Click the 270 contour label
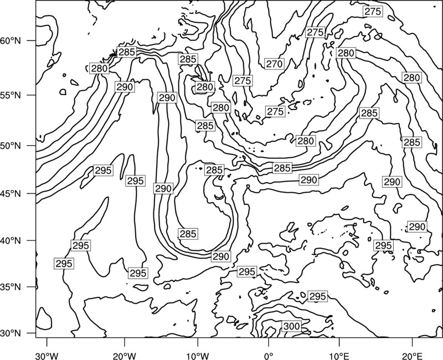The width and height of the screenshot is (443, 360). click(x=274, y=64)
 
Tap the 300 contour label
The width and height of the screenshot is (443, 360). click(x=291, y=326)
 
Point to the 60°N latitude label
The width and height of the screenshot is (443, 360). click(x=11, y=40)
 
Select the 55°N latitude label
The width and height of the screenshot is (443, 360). click(x=11, y=95)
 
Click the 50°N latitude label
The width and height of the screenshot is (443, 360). click(x=11, y=146)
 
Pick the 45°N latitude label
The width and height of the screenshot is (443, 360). click(x=11, y=193)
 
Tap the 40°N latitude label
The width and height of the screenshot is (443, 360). click(x=11, y=240)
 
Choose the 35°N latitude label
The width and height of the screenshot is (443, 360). click(x=11, y=287)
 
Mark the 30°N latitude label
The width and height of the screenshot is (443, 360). click(x=11, y=333)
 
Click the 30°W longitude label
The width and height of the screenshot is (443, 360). click(x=47, y=356)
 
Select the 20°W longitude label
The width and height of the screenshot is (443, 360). click(x=124, y=356)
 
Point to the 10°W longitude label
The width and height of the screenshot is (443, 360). click(x=198, y=356)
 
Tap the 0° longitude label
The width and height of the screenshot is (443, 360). click(x=269, y=356)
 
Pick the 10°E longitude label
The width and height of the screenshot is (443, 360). click(x=339, y=356)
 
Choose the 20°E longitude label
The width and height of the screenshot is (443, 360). click(x=412, y=356)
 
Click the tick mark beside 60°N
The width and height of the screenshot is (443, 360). click(x=32, y=40)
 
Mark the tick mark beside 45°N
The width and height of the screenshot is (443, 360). click(x=32, y=193)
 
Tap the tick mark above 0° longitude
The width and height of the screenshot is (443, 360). click(x=269, y=342)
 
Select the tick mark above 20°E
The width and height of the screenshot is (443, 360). click(x=412, y=342)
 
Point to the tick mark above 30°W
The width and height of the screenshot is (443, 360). click(x=47, y=342)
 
